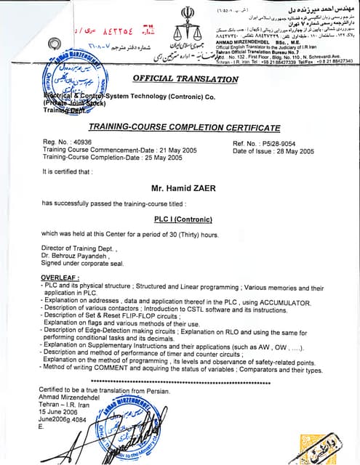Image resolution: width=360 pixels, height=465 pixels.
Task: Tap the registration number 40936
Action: pos(85,144)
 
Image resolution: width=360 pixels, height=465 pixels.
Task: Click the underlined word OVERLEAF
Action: pos(61,278)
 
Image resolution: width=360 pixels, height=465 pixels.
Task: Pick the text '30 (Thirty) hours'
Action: pos(191,234)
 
